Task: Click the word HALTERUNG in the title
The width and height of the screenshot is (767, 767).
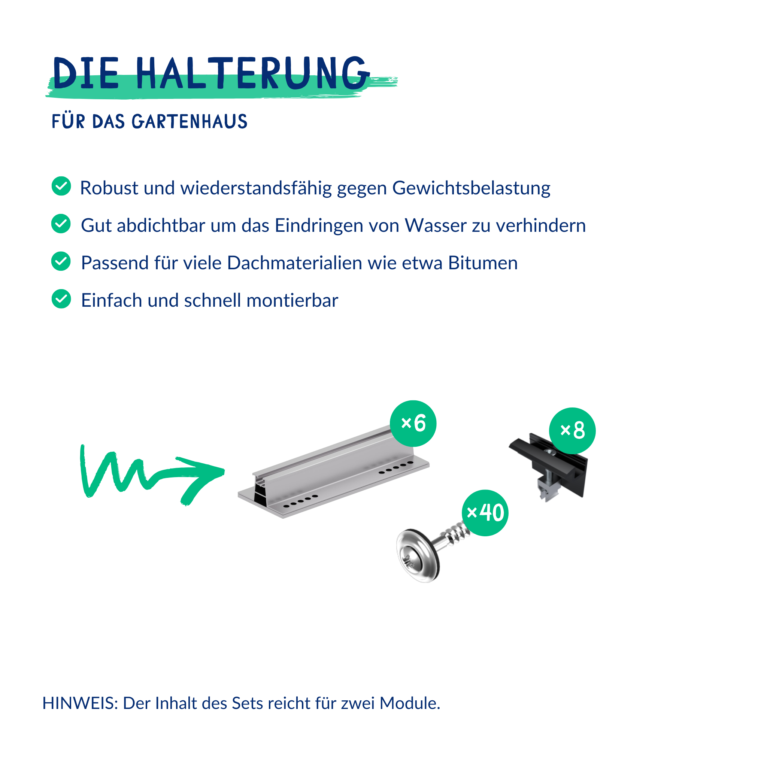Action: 253,73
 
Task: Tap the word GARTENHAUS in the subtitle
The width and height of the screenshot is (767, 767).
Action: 190,121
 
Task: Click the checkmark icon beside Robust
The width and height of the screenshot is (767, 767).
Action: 61,186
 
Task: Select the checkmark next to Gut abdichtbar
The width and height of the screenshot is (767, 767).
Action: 61,224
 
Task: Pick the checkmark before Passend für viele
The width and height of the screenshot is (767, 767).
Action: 61,261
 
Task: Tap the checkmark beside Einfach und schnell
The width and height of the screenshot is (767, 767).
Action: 61,298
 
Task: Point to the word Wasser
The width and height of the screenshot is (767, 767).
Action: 436,225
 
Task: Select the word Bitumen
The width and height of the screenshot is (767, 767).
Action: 483,263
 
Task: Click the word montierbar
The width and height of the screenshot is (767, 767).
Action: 292,300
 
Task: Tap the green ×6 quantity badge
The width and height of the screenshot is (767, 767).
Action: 413,424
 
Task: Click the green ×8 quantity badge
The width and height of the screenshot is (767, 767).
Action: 572,431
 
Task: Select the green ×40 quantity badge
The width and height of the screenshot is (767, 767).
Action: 485,513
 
